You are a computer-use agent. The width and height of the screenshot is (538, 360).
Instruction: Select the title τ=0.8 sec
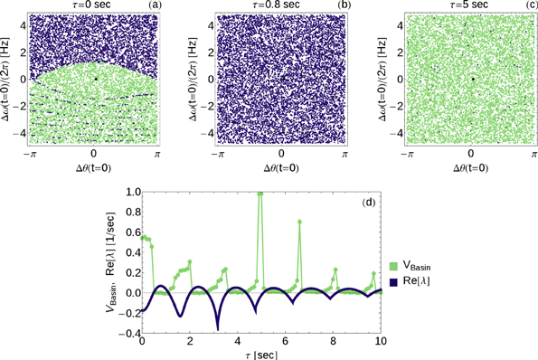pyautogui.click(x=281, y=5)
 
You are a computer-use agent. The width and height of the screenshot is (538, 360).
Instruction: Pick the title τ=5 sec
pyautogui.click(x=469, y=5)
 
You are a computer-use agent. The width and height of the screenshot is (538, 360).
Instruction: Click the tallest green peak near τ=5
pyautogui.click(x=260, y=193)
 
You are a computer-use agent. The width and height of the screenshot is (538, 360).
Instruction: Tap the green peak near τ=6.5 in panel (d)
pyautogui.click(x=299, y=221)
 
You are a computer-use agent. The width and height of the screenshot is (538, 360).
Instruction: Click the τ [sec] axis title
pyautogui.click(x=261, y=354)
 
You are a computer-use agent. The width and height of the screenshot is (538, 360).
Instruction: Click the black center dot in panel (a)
pyautogui.click(x=95, y=79)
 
